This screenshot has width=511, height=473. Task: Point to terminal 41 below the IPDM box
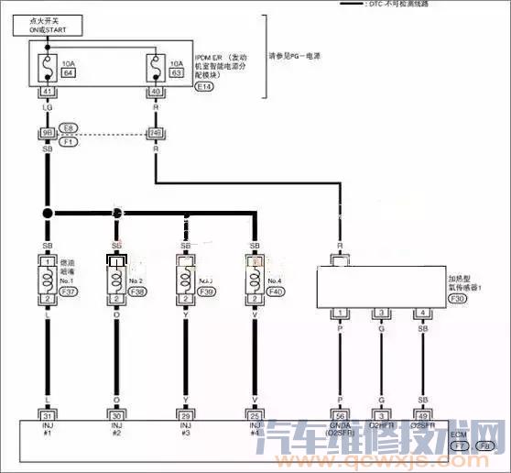(x=47, y=92)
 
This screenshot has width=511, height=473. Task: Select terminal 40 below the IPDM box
(x=156, y=92)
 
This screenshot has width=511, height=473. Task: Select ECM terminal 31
(x=47, y=414)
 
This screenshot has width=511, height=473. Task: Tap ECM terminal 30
(x=117, y=414)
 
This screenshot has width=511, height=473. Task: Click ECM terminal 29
(x=188, y=414)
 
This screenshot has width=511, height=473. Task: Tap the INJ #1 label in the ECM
(x=47, y=429)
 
